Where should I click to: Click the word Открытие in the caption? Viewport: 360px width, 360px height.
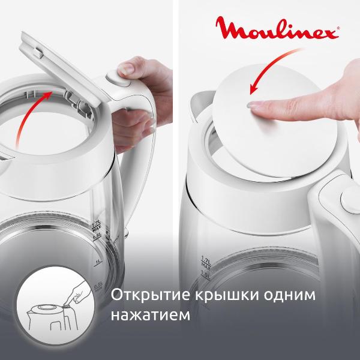(x=143, y=296)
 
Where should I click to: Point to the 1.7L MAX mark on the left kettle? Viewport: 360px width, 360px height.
(x=95, y=227)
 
